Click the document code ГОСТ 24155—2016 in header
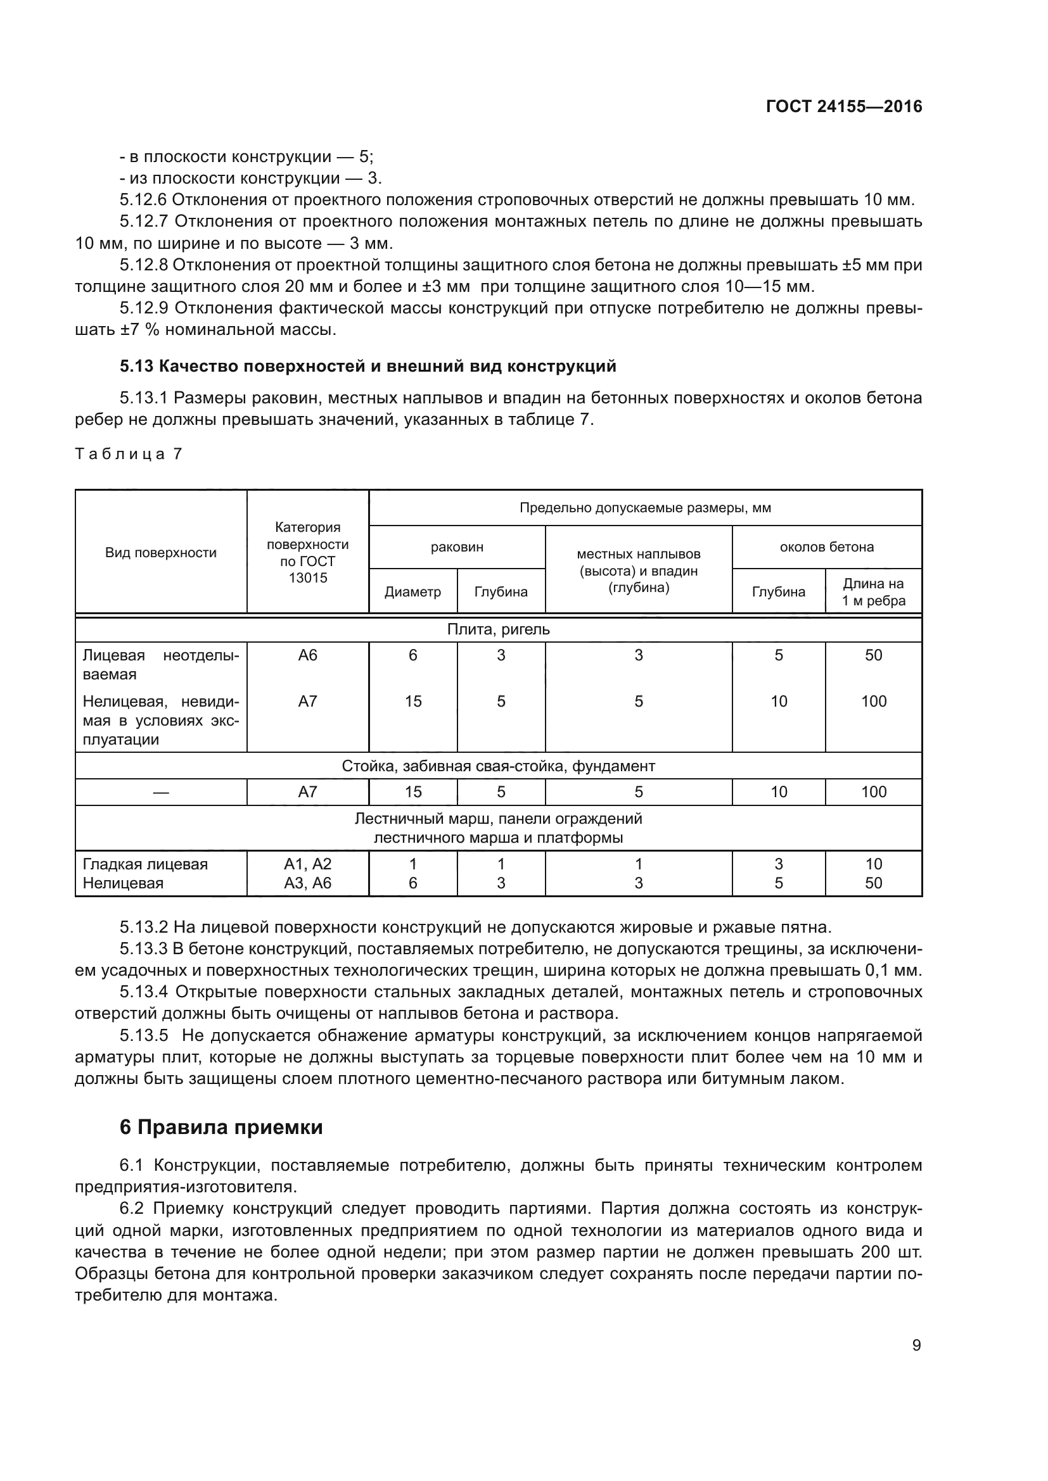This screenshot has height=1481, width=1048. (843, 106)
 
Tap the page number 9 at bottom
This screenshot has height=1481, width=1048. (916, 1345)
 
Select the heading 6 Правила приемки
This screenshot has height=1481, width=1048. (220, 1127)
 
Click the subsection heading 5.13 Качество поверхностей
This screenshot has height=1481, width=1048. (368, 367)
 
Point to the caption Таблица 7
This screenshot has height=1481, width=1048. (129, 454)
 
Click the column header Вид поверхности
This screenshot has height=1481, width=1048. (161, 553)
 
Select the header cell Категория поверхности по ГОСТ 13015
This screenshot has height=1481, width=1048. (308, 553)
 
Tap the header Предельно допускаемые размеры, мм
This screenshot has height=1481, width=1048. (644, 508)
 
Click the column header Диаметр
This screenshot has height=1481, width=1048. (412, 591)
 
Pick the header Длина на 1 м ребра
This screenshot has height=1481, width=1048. (873, 591)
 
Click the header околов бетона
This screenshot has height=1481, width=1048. (826, 547)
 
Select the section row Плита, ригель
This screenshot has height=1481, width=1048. (498, 629)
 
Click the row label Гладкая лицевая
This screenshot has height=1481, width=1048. (145, 864)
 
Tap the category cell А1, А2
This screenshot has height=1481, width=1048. (308, 864)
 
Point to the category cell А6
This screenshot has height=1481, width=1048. (308, 655)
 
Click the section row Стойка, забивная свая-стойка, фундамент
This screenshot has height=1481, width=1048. (498, 766)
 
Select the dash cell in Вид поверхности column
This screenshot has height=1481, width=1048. (161, 792)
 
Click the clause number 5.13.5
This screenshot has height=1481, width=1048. (143, 1036)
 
